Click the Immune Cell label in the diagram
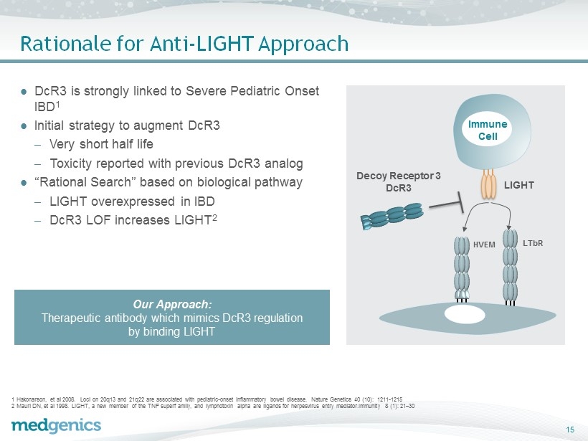(x=488, y=130)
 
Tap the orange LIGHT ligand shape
(x=488, y=184)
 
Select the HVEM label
(x=484, y=245)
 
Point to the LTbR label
(x=533, y=243)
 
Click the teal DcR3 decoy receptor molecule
(x=392, y=216)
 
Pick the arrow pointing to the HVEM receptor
(x=473, y=214)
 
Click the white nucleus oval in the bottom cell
(x=465, y=314)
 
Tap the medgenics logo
(x=56, y=426)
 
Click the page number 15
(x=570, y=430)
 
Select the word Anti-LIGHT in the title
(x=201, y=44)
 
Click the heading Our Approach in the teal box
(x=172, y=304)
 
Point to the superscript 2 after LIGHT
(x=214, y=217)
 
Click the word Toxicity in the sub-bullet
(x=71, y=164)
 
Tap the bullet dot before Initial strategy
(x=24, y=126)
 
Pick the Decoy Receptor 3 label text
(x=398, y=176)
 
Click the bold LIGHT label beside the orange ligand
(x=519, y=185)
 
